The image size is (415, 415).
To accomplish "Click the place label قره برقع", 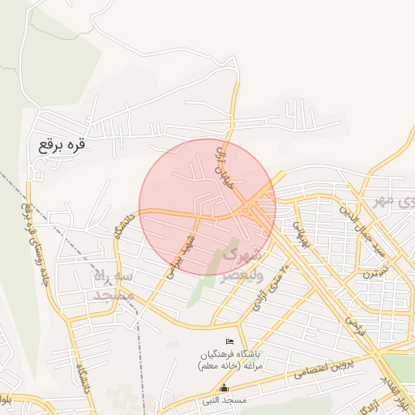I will (x=62, y=146).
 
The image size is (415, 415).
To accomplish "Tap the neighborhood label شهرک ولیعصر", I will (x=242, y=265).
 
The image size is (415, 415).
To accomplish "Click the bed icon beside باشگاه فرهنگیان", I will (x=229, y=341).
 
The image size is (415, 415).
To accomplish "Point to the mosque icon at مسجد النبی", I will (x=224, y=389).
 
